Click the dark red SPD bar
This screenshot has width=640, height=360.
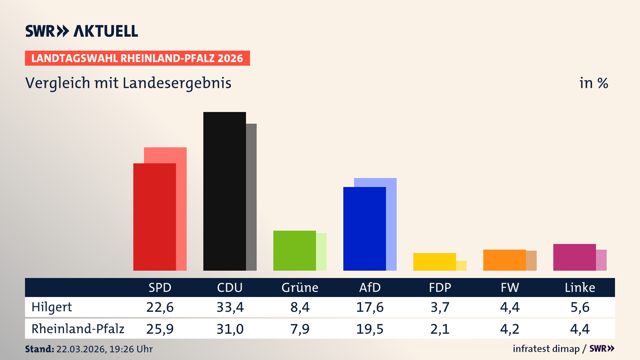(x=154, y=217)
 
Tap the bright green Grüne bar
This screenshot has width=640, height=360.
(x=294, y=250)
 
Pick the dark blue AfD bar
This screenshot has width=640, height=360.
(x=364, y=229)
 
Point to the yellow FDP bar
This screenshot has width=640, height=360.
(x=434, y=262)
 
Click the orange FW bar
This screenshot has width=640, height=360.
(x=504, y=260)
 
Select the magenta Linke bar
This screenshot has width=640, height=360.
(x=574, y=257)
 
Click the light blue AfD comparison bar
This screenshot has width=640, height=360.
(x=391, y=223)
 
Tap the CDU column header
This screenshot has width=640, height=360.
(x=230, y=287)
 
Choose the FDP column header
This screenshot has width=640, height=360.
(x=440, y=287)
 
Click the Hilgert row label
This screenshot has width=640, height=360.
(x=52, y=307)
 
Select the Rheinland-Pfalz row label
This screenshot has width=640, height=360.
(x=78, y=329)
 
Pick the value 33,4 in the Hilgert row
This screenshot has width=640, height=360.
(x=230, y=307)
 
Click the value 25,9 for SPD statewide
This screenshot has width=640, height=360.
(x=160, y=329)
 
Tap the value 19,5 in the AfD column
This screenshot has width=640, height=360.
(x=370, y=329)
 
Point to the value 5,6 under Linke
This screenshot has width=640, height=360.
(x=580, y=307)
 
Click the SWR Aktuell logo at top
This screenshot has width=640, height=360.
(x=82, y=31)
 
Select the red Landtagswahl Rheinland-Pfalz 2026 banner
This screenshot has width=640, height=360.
(x=137, y=58)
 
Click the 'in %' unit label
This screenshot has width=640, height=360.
(x=593, y=83)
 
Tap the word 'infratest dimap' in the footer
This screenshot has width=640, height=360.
(x=546, y=349)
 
